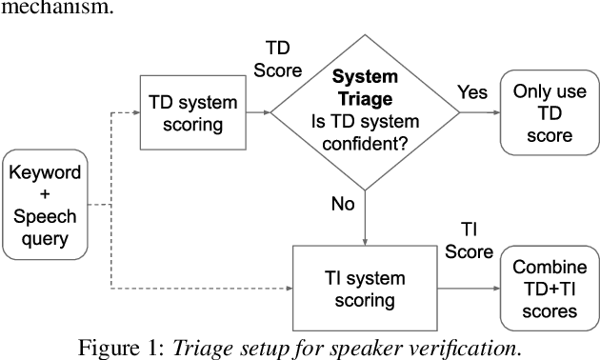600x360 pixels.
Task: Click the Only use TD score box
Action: (544, 113)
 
